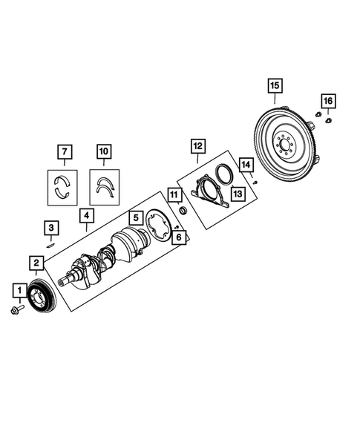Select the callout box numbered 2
(x=36, y=262)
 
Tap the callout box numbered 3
(x=50, y=227)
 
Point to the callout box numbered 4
(x=88, y=216)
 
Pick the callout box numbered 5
(x=135, y=218)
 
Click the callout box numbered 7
(x=65, y=154)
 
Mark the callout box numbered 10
(x=103, y=154)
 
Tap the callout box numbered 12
(x=197, y=146)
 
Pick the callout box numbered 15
(x=274, y=87)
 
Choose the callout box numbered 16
(x=328, y=100)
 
